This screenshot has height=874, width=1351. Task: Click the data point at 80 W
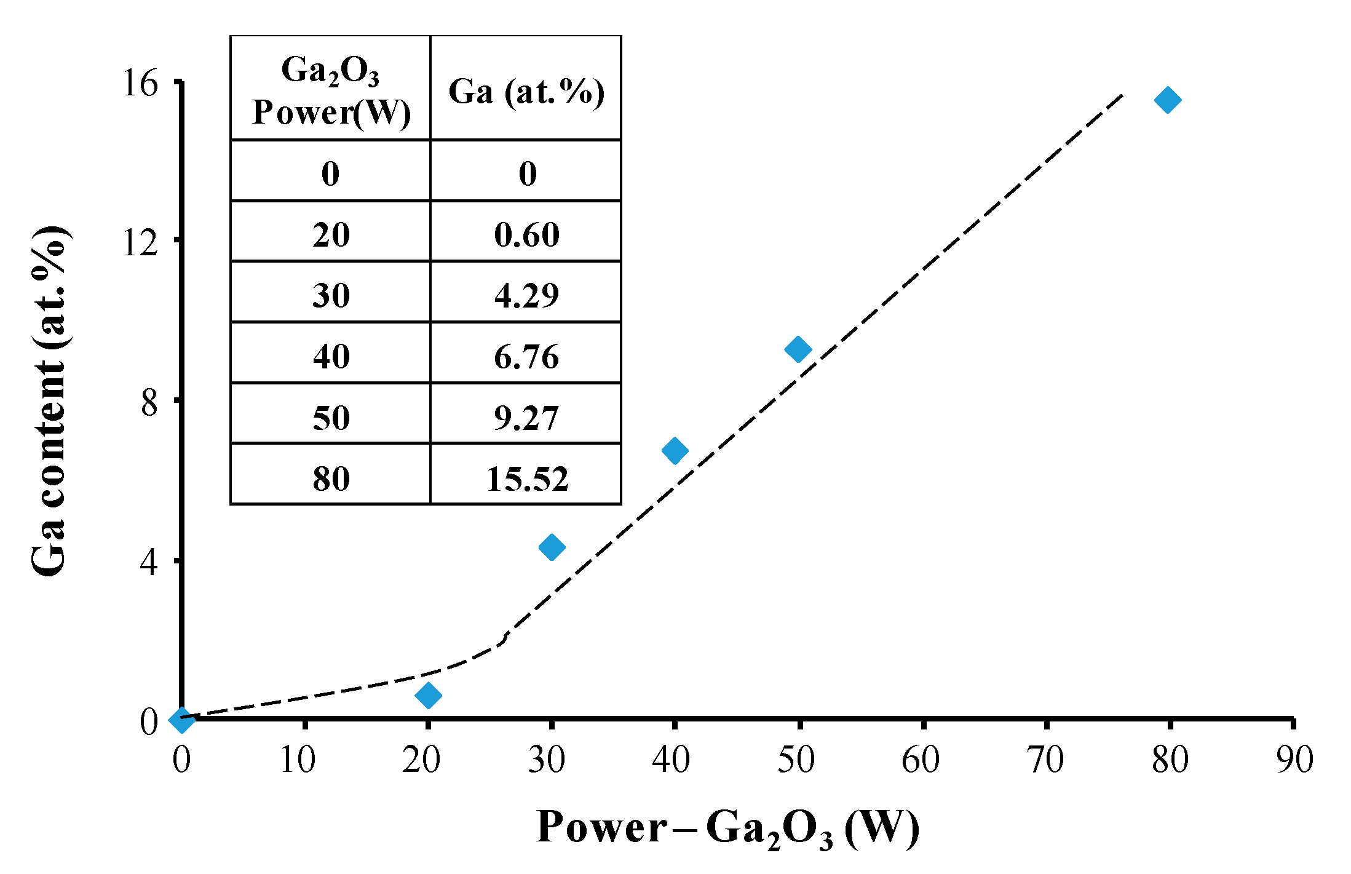point(1167,100)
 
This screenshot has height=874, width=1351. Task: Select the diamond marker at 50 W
point(798,349)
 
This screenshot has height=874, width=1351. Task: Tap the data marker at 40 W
point(675,450)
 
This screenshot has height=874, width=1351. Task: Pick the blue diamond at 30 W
point(552,546)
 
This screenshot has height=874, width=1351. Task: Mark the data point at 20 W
point(428,695)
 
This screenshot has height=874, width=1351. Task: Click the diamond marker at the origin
point(181,718)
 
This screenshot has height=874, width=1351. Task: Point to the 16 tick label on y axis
point(140,83)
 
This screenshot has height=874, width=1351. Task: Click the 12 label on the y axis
point(140,242)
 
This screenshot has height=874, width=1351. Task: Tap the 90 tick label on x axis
point(1294,760)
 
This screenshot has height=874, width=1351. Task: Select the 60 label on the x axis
point(921,760)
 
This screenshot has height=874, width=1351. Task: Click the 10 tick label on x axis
point(298,760)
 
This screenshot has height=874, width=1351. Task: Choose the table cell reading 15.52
point(527,479)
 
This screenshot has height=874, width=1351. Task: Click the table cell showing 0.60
point(527,234)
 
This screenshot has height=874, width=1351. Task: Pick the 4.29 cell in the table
point(527,295)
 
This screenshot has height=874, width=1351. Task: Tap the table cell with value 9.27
point(527,418)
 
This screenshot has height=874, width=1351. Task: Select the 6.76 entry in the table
point(527,356)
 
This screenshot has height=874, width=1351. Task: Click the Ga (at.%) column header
point(526,92)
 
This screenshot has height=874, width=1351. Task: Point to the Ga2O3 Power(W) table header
point(331,90)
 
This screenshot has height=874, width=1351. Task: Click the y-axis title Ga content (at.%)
point(49,401)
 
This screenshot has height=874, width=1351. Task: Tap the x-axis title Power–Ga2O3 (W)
point(727,828)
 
